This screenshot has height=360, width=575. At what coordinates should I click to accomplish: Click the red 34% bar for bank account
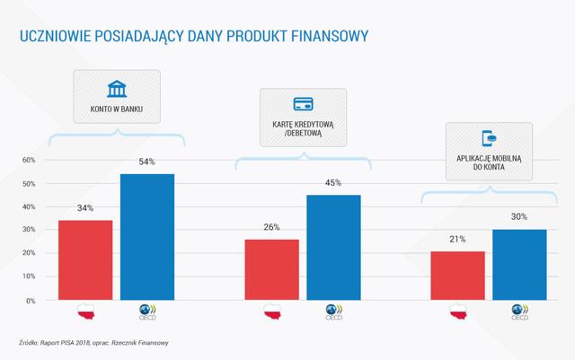point(85,260)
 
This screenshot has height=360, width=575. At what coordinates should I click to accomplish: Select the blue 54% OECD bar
point(147,237)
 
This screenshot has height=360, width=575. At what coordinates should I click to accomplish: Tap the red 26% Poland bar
point(271,270)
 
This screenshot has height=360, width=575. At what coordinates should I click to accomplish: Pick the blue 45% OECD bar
point(333,248)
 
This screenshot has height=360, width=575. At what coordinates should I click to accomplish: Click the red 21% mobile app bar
point(457,276)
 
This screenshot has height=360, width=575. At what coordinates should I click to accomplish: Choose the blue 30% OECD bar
point(519,265)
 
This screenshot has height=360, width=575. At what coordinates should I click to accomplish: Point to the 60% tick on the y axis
point(29,160)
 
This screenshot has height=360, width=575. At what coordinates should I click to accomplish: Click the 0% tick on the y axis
point(31,301)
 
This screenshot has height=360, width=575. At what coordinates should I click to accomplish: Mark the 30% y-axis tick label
point(29,230)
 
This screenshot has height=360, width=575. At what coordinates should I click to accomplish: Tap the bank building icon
point(117,89)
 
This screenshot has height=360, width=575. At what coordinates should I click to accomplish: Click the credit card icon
point(304,104)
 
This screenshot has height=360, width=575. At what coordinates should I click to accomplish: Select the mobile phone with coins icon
point(489,138)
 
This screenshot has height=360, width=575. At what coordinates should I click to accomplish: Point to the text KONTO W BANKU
point(117,109)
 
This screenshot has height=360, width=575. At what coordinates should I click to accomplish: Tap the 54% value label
point(146,162)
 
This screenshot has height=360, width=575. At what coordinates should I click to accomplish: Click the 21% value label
point(457,240)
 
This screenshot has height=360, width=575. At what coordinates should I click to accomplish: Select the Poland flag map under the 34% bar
point(86,312)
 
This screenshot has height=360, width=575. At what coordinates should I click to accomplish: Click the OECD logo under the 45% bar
point(333,312)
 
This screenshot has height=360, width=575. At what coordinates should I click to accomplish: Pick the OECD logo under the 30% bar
point(520,312)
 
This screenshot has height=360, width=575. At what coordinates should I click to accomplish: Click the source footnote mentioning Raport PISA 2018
point(93,343)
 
